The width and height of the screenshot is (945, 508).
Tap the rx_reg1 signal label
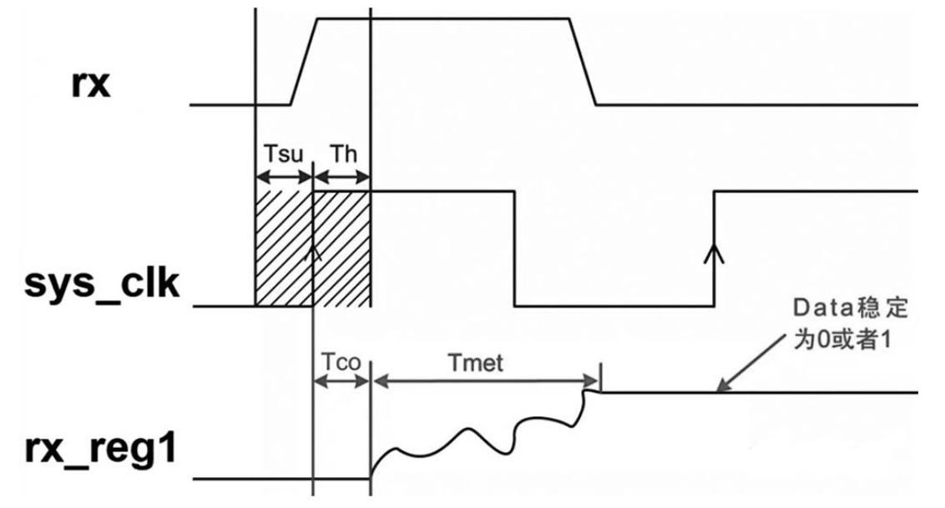pyautogui.click(x=101, y=449)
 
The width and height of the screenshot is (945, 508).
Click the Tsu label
pyautogui.click(x=283, y=154)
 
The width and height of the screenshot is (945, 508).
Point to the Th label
pyautogui.click(x=343, y=154)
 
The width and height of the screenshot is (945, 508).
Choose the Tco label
pyautogui.click(x=341, y=362)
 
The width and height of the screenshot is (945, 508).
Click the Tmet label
pyautogui.click(x=476, y=363)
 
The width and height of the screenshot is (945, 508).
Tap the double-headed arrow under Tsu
pyautogui.click(x=285, y=177)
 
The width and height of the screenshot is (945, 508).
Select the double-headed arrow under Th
pyautogui.click(x=341, y=177)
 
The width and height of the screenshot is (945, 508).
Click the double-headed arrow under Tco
pyautogui.click(x=341, y=381)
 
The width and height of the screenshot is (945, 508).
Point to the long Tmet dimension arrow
pyautogui.click(x=486, y=381)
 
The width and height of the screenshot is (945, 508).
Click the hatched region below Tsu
pyautogui.click(x=285, y=249)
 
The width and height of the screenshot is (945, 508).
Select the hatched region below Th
pyautogui.click(x=341, y=249)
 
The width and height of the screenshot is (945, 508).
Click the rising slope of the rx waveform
pyautogui.click(x=305, y=62)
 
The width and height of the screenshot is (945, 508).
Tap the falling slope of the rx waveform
pyautogui.click(x=583, y=62)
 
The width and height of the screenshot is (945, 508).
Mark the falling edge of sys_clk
pyautogui.click(x=515, y=249)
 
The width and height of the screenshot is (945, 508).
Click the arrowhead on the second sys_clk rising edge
pyautogui.click(x=714, y=253)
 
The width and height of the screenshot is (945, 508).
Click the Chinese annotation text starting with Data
pyautogui.click(x=850, y=324)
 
